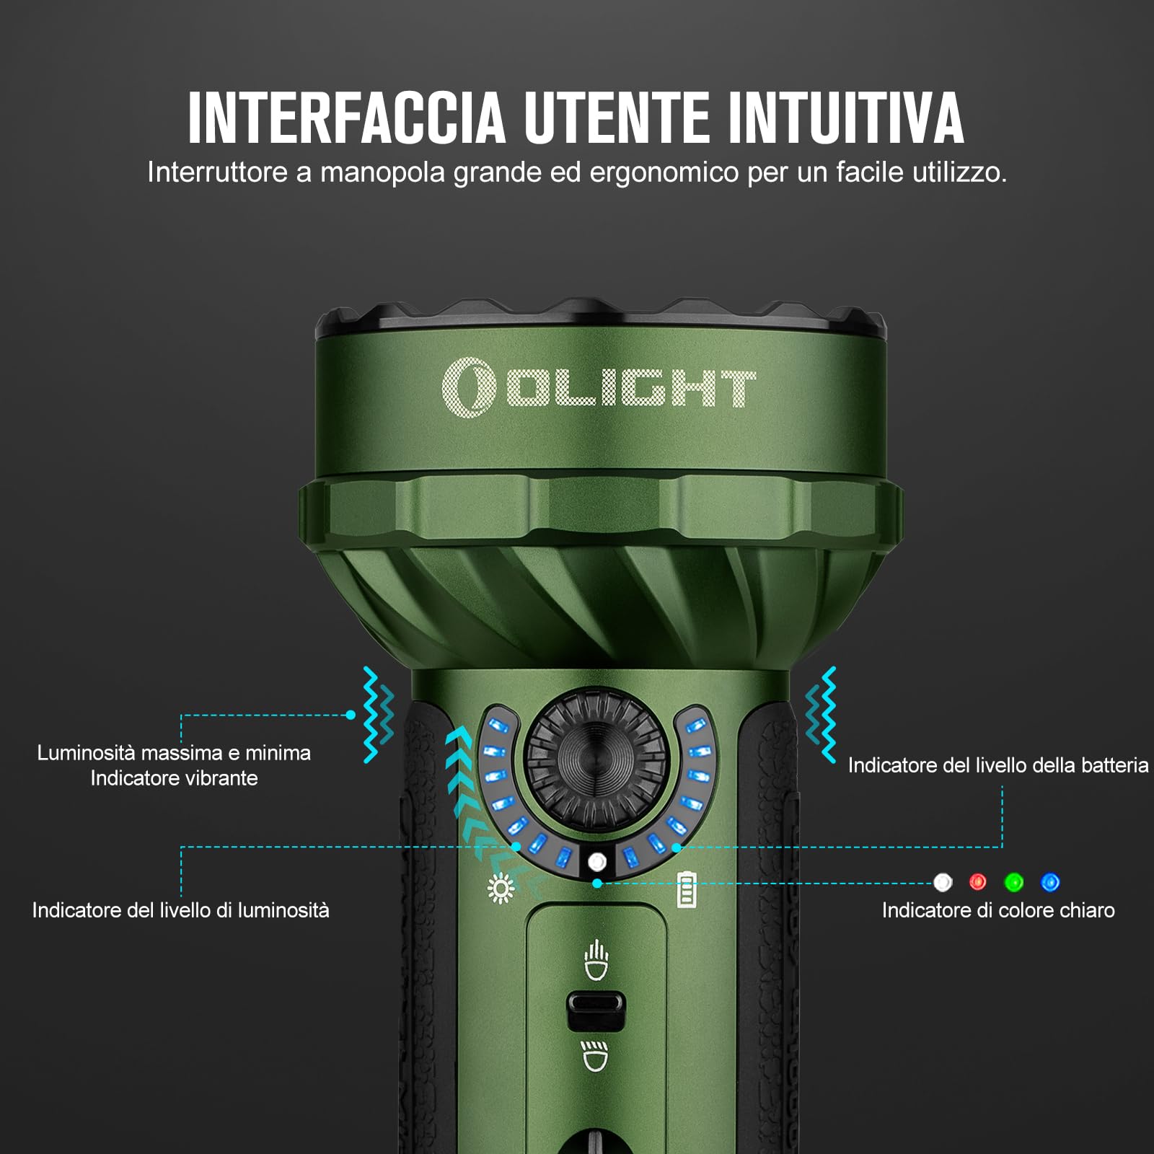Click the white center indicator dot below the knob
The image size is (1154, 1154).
[x=597, y=862]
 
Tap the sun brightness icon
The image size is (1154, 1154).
[x=501, y=889]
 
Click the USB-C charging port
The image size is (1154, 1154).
[x=596, y=1011]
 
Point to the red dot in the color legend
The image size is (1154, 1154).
[x=978, y=881]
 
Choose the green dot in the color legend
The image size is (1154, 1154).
[x=1014, y=881]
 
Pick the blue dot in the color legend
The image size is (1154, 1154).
[x=1050, y=881]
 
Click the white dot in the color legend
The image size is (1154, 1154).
[x=943, y=881]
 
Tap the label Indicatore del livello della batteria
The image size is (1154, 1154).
[x=997, y=765]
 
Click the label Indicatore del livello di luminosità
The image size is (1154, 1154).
[x=180, y=910]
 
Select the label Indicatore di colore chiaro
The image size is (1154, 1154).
[x=998, y=910]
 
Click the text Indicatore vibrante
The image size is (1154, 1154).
[x=174, y=778]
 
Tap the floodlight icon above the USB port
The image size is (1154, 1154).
[x=596, y=961]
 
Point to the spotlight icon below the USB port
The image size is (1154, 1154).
[x=596, y=1056]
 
